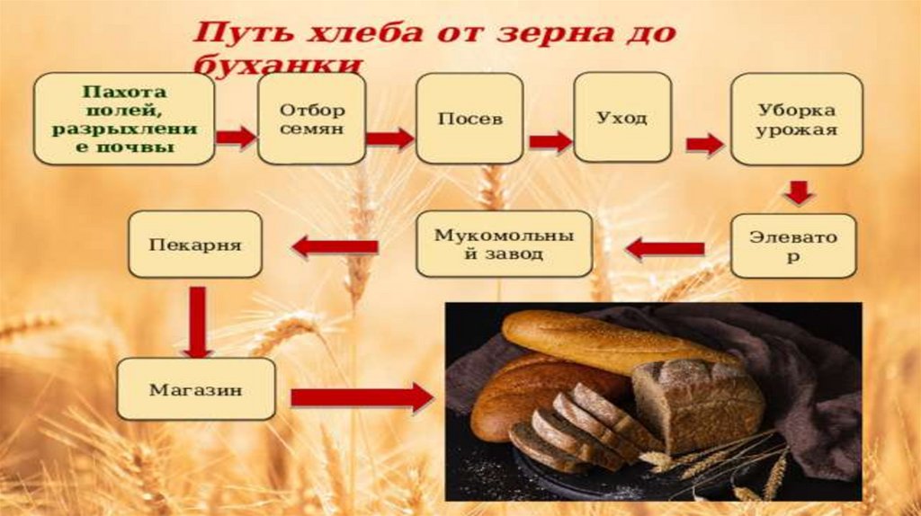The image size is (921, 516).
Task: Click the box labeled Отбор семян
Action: pos(311,118)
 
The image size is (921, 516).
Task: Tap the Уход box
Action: pos(622,118)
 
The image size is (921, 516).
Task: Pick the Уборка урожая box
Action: pos(795,118)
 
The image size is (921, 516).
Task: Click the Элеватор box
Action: pos(792,245)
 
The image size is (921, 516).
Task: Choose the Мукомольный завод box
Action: pos(504,244)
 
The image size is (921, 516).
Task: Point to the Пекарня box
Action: pos(195,244)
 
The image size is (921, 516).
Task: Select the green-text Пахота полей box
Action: pos(124,118)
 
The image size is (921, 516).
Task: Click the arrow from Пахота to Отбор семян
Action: pos(236,137)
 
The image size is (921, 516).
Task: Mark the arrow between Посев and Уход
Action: pos(550,141)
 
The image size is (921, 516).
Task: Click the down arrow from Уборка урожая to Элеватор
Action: pos(797,192)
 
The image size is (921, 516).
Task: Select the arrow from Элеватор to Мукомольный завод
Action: pos(665,247)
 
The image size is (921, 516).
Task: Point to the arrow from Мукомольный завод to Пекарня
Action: pos(335,245)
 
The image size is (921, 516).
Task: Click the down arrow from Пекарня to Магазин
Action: pos(196,321)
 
